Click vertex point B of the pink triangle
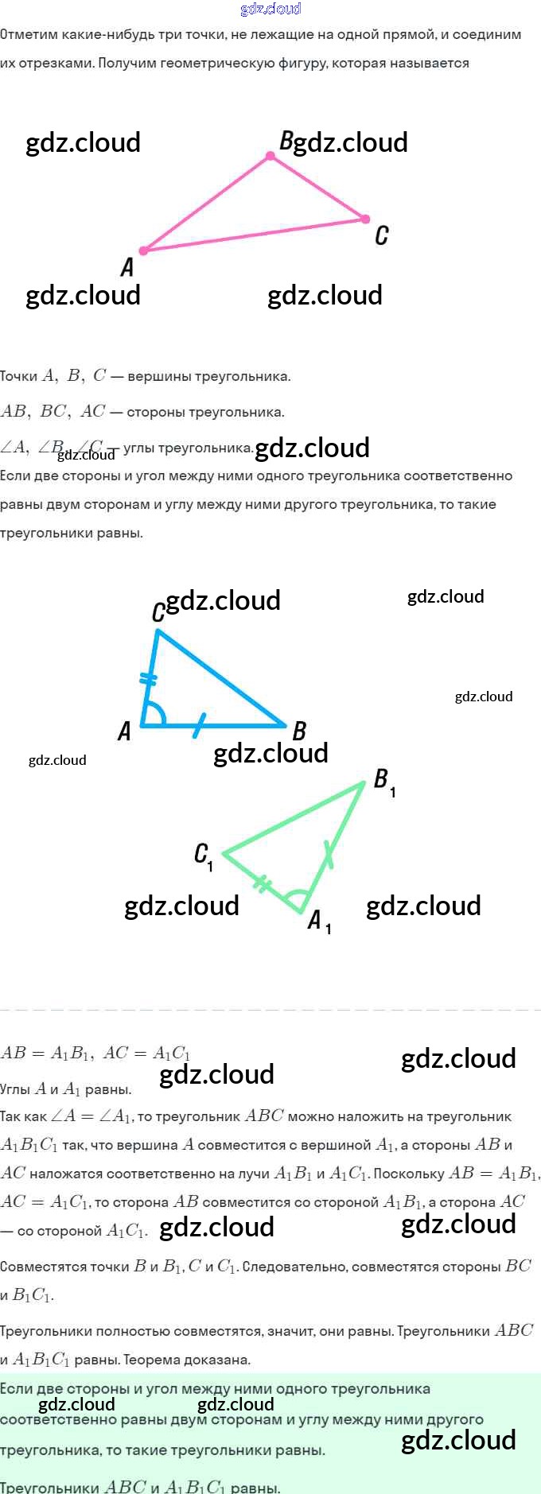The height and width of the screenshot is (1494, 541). [x=270, y=156]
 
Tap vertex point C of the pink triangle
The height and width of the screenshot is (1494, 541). [x=365, y=219]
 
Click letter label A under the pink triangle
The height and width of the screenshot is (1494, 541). [x=127, y=267]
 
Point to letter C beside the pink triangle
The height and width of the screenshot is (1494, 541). [x=382, y=235]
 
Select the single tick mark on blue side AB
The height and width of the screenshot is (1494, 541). [x=199, y=724]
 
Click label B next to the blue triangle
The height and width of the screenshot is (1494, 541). [x=300, y=730]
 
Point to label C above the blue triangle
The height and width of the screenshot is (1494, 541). [x=158, y=611]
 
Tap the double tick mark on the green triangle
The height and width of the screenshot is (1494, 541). [x=263, y=883]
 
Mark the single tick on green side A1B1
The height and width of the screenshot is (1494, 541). [x=329, y=855]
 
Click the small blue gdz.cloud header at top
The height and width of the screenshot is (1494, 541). [x=270, y=9]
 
